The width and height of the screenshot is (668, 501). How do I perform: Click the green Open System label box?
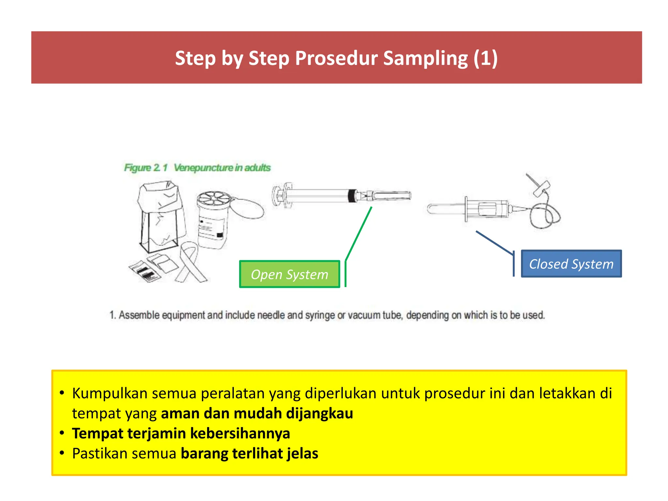pos(289,274)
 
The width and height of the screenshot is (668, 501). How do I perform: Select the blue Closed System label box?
pos(571,264)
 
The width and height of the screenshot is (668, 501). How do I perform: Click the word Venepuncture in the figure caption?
pos(204,168)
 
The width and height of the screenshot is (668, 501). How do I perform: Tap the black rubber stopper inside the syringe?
pos(352,196)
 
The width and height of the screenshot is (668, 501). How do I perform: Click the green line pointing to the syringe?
pos(359,233)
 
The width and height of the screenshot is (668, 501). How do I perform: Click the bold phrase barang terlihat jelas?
pos(250,454)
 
